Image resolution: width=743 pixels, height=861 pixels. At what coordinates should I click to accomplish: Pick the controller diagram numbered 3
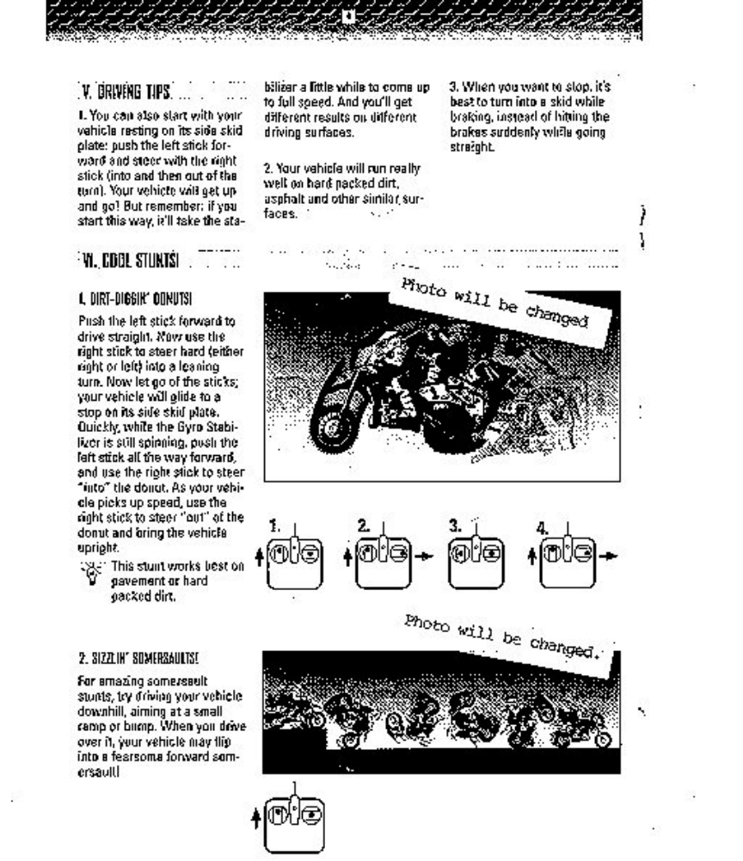pos(476,563)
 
